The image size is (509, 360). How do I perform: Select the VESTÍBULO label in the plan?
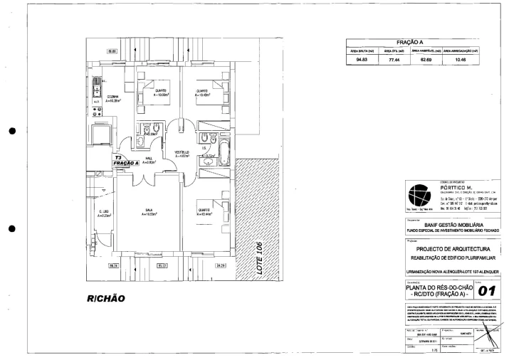182,154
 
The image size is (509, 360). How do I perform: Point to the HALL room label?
149,160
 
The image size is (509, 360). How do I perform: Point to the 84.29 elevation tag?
219,265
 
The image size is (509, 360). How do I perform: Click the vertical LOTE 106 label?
260,261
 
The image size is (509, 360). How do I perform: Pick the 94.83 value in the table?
360,62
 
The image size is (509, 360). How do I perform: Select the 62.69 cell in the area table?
423,62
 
